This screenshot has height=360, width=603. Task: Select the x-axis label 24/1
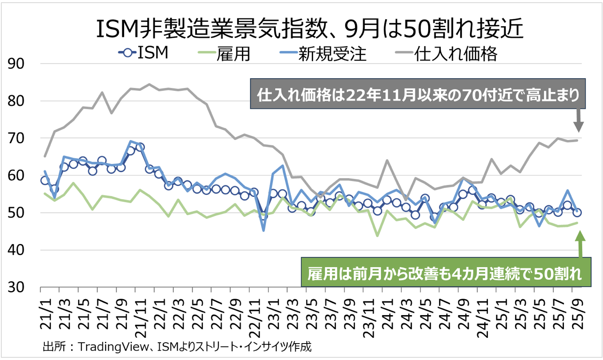point(387,311)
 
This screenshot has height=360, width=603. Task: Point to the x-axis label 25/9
point(577,311)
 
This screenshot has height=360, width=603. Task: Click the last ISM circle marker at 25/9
point(577,212)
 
